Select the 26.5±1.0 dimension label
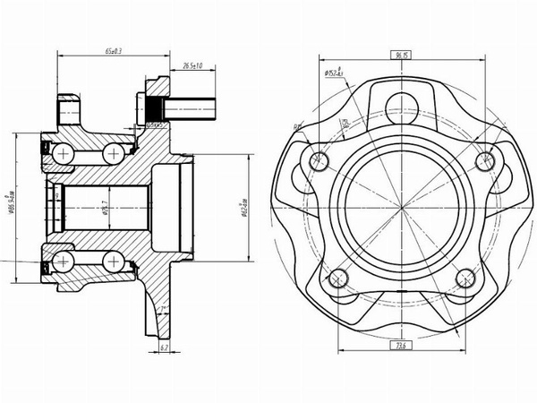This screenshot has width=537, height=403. (192, 65)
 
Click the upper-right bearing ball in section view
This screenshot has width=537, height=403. (114, 155)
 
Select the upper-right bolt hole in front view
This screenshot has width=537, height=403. (484, 159)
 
